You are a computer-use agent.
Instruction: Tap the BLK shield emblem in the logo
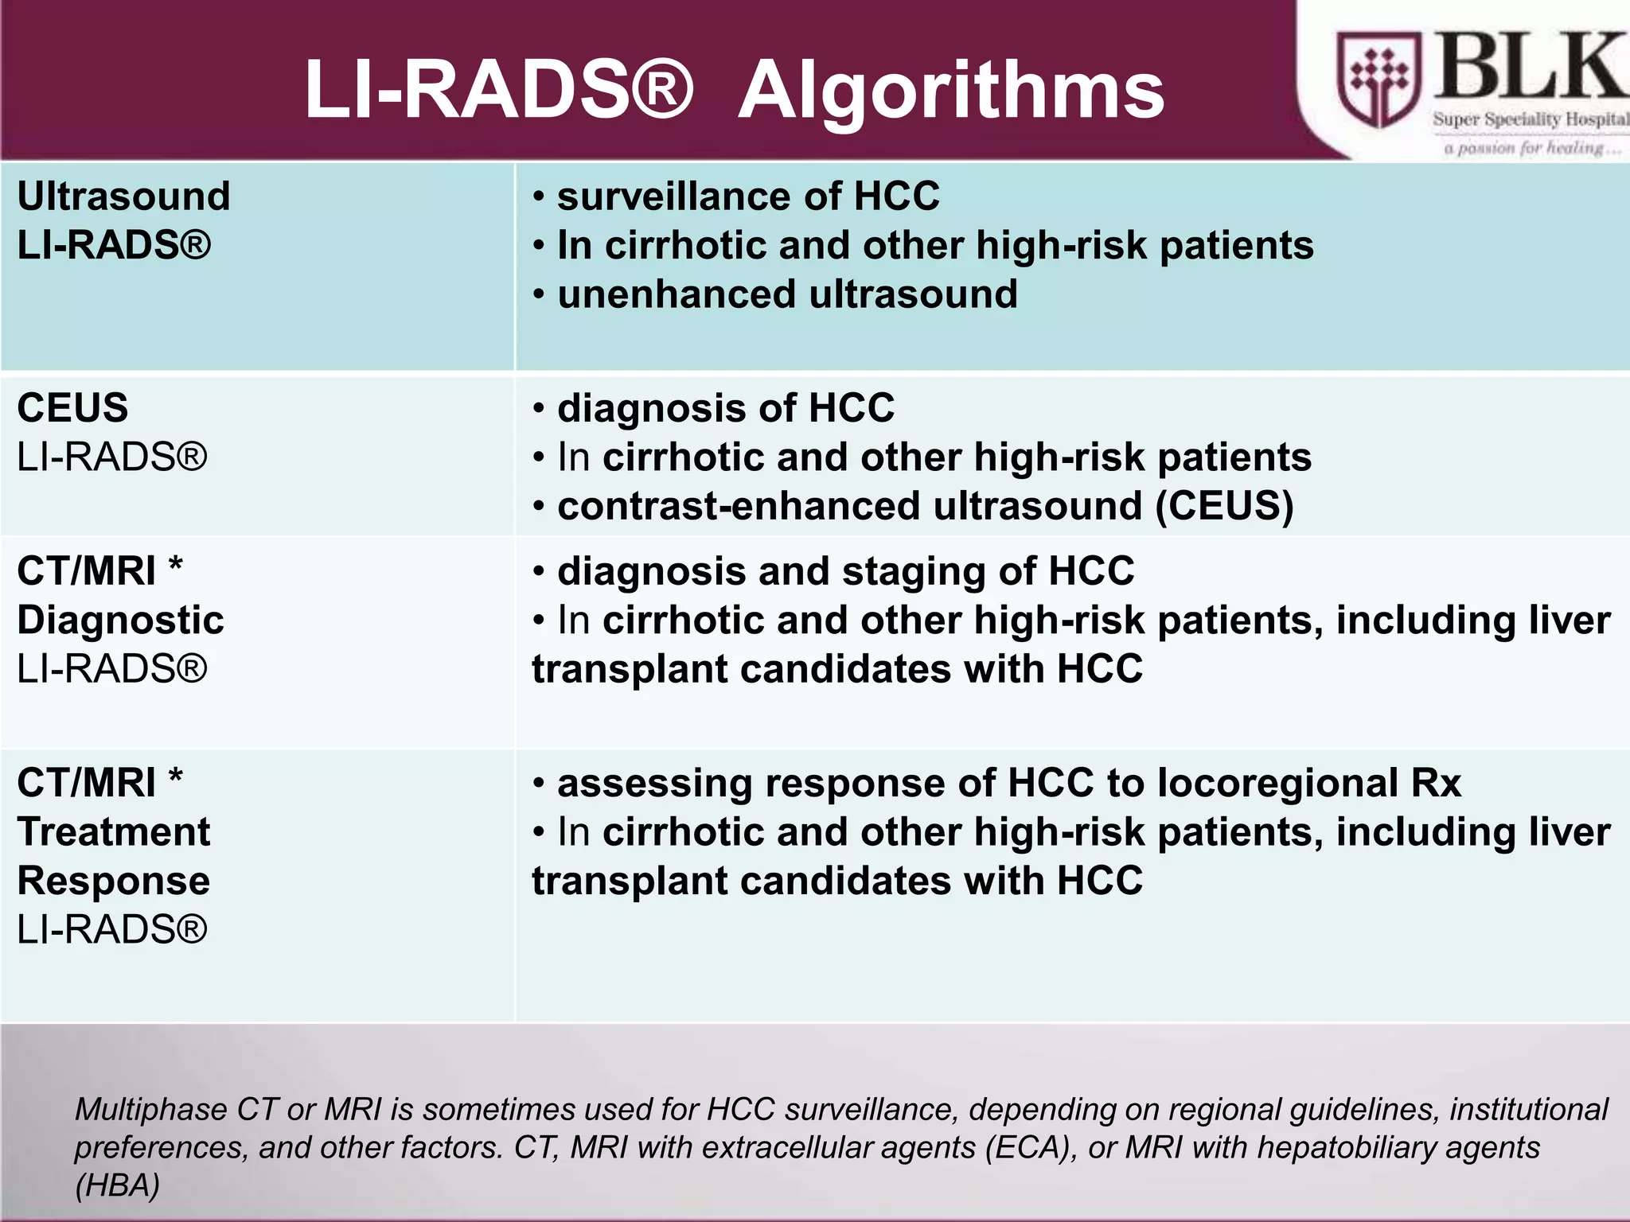tap(1378, 80)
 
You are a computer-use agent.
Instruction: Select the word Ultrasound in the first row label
tap(123, 197)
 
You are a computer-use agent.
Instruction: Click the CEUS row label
tap(72, 408)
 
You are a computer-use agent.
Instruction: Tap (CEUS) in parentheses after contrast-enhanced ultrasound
tap(1224, 507)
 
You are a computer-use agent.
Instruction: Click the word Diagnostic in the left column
tap(120, 621)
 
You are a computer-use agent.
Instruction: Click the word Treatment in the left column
tap(114, 832)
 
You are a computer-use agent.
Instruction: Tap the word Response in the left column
tap(114, 881)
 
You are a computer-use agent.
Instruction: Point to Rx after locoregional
tap(1436, 784)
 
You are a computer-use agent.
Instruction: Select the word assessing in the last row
tap(654, 784)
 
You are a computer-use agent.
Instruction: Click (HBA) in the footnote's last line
tap(117, 1185)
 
